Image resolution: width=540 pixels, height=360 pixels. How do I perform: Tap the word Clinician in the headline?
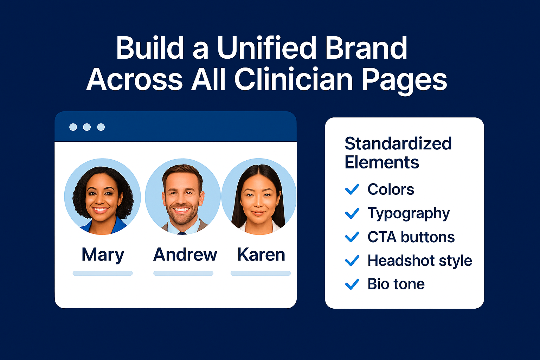coord(293,80)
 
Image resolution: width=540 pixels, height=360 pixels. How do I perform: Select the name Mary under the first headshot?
coord(103,255)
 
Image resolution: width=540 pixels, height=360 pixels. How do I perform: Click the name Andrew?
coord(185,255)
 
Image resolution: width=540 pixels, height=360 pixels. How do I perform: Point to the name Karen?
coord(261,255)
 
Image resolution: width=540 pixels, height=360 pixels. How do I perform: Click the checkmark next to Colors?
coord(352,189)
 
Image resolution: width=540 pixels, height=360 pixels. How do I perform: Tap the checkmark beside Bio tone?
coord(352,284)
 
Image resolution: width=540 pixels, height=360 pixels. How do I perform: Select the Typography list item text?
coord(409,213)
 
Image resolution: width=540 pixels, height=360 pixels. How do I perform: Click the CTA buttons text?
coord(411,237)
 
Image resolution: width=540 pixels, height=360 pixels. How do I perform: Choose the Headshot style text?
coord(419,261)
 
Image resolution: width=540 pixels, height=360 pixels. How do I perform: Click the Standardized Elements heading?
coord(398,153)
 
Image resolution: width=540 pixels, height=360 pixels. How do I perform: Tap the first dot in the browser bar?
coord(73,127)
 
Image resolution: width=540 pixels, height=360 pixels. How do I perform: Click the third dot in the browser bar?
coord(101,127)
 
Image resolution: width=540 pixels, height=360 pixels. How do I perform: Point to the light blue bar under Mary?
coord(103,273)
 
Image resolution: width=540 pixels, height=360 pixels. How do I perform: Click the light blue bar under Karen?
coord(261,273)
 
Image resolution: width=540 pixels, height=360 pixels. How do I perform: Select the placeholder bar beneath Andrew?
coord(183,273)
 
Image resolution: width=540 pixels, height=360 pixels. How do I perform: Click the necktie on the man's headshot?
coord(182,233)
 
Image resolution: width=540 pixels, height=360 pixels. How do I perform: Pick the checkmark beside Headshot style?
coord(352,261)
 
